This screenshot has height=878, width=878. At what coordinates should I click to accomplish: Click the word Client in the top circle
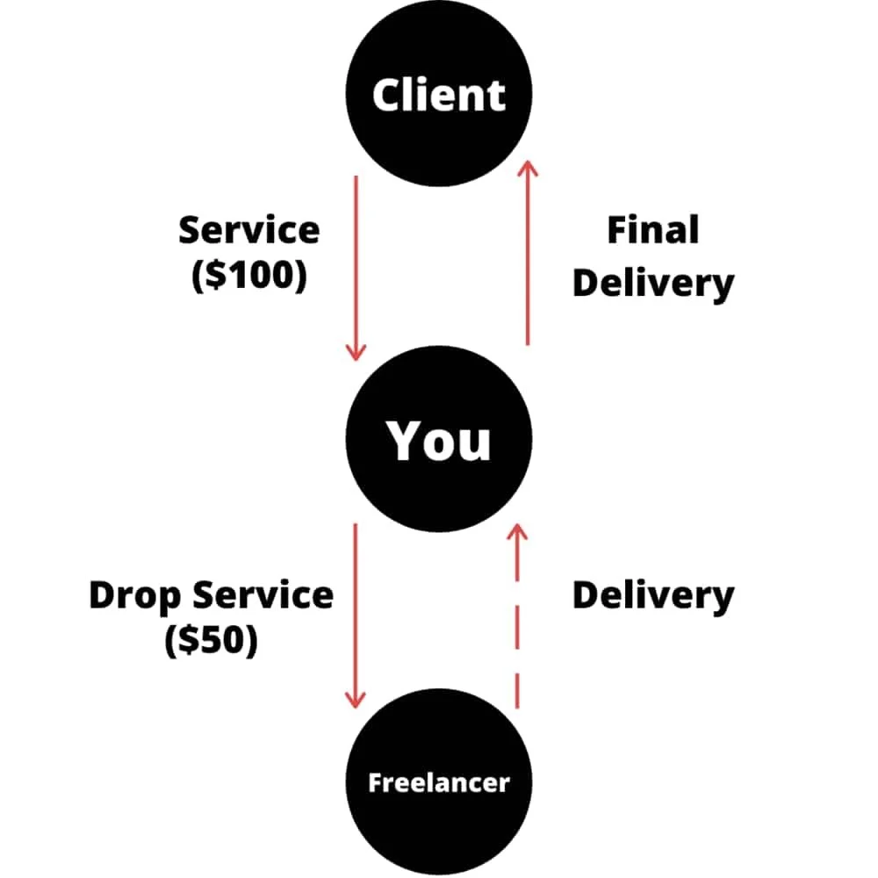(x=439, y=95)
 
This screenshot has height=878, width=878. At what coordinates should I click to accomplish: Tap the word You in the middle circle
(x=439, y=441)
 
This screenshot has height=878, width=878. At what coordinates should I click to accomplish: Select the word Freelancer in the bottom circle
(x=439, y=782)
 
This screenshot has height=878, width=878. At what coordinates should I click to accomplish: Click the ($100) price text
(x=248, y=276)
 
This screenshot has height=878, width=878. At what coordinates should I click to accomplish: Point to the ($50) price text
(x=211, y=640)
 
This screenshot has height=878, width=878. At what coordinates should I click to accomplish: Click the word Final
(x=653, y=231)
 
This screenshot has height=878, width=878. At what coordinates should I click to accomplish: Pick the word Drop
(x=136, y=596)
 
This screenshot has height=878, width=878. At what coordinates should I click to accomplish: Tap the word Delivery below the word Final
(x=653, y=283)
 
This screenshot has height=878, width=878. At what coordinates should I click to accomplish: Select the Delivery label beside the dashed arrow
(x=653, y=594)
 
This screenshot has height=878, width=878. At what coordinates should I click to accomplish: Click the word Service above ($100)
(x=248, y=231)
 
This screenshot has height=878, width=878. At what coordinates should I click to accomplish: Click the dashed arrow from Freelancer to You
(x=517, y=632)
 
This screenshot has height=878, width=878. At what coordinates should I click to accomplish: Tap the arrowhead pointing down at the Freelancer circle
(x=355, y=701)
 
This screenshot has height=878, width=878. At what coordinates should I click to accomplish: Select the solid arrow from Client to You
(x=355, y=263)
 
